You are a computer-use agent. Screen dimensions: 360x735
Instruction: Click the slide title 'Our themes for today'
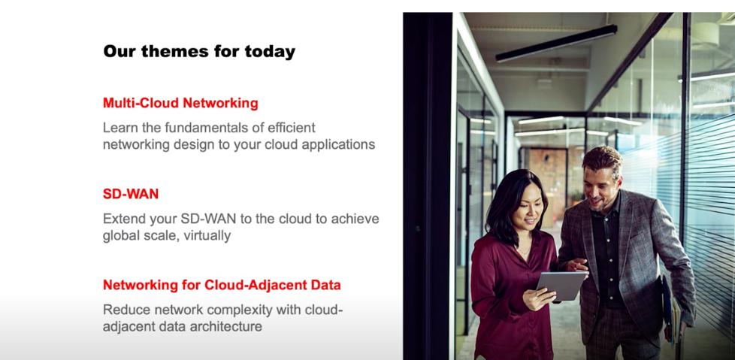point(199,52)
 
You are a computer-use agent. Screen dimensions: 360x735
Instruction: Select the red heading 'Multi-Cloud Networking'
point(180,103)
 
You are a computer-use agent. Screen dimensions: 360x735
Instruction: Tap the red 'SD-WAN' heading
point(131,194)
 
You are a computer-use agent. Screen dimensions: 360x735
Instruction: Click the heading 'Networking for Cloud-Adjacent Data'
point(222,285)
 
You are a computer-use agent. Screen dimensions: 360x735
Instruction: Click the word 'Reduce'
point(125,310)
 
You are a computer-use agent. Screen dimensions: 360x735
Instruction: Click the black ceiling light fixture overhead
point(556,43)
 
